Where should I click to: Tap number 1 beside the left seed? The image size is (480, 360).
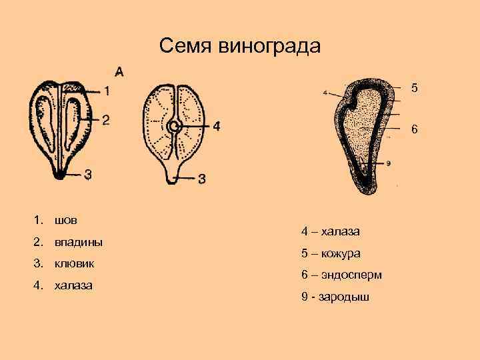coord(109,91)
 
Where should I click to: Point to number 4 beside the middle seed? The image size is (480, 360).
coord(216,125)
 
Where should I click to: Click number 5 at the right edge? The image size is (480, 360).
coord(414,87)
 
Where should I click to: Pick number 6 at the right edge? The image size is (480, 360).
coord(414,129)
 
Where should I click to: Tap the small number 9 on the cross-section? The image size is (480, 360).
coord(388,163)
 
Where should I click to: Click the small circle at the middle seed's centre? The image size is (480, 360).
coord(174,126)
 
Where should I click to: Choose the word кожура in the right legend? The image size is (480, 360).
coord(342,253)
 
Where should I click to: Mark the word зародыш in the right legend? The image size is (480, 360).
coord(345,297)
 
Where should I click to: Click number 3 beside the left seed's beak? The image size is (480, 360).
coord(88,175)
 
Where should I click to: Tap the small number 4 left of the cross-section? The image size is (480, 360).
coord(325,93)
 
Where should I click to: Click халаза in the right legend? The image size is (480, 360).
coord(340,231)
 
